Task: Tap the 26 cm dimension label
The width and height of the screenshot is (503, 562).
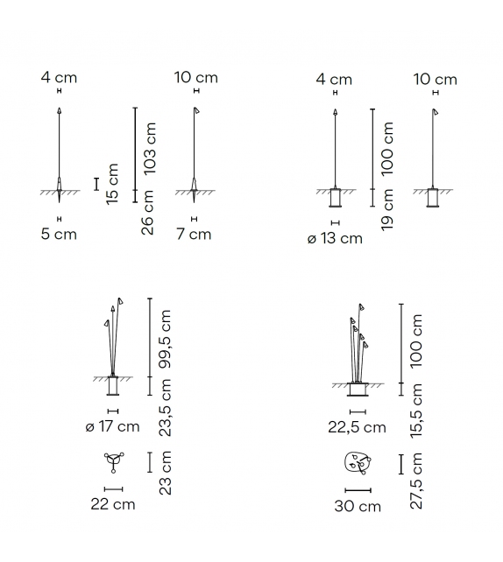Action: (x=147, y=213)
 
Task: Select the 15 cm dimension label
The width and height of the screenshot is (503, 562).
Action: (x=112, y=184)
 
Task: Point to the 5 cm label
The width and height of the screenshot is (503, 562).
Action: (x=59, y=234)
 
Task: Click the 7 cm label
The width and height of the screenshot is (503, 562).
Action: (x=194, y=234)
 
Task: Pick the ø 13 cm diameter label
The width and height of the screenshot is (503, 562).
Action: (x=335, y=238)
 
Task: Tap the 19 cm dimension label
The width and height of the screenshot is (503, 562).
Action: (x=387, y=210)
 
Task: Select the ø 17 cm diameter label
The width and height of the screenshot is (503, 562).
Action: (x=112, y=426)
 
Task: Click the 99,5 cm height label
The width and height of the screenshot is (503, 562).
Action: (x=165, y=339)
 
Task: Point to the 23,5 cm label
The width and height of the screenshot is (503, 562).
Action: (x=165, y=408)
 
